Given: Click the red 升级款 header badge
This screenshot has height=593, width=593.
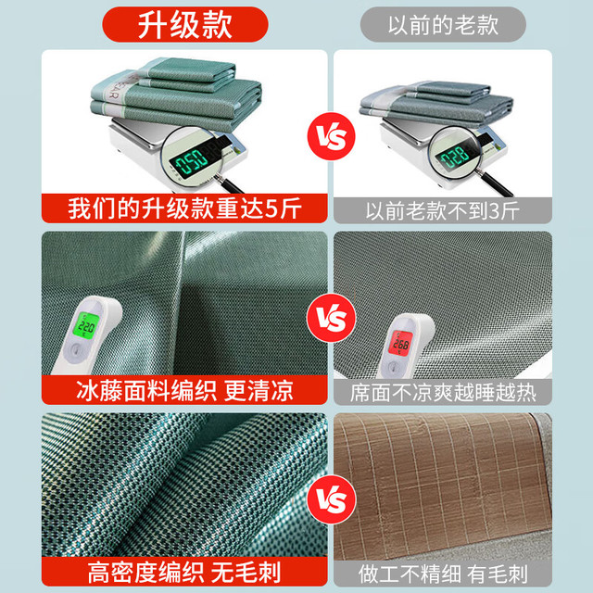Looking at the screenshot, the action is pos(185,25).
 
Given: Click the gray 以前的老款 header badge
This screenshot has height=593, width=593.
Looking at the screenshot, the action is pos(443,25).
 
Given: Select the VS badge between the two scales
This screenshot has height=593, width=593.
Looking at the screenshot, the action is pos(332,136).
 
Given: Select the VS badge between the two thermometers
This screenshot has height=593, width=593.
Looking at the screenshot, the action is pos(332,318).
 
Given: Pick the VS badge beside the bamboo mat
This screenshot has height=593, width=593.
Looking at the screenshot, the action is pos(332,499).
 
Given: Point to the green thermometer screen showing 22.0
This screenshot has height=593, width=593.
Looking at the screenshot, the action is pos(86,325).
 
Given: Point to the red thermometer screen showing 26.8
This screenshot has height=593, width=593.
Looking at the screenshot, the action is pos(401,343).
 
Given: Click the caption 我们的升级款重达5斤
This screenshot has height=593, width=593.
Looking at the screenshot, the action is pos(184,208).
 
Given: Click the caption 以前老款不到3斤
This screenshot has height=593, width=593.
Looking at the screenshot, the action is pos(443,210).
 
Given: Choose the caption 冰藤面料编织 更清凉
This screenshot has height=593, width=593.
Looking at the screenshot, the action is pos(184,390).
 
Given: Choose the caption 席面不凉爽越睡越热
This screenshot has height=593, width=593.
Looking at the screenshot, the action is pos(443,393).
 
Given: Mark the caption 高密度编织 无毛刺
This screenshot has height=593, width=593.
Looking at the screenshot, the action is pos(184,573).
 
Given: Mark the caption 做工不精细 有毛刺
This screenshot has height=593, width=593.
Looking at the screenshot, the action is pos(443,574).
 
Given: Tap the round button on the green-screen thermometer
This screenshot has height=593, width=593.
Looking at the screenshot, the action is pos(75,350).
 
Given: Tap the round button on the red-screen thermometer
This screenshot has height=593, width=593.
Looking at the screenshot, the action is pos(393,367).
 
